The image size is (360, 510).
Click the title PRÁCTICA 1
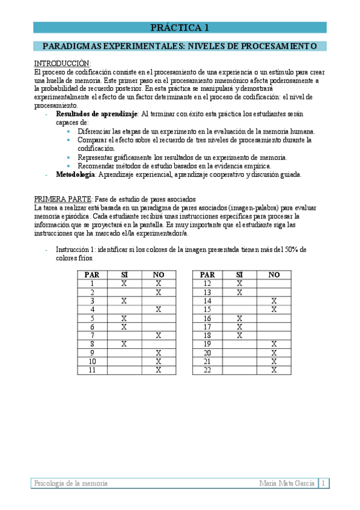pyautogui.click(x=180, y=27)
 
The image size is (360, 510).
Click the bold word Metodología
pyautogui.click(x=75, y=174)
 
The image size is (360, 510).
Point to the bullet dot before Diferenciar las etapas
pyautogui.click(x=69, y=131)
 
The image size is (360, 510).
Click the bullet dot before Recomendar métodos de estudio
pyautogui.click(x=69, y=165)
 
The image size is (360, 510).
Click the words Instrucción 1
pyautogui.click(x=76, y=249)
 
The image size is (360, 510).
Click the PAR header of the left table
pyautogui.click(x=92, y=275)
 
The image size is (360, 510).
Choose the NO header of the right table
pyautogui.click(x=274, y=275)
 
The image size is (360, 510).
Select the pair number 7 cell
pyautogui.click(x=92, y=334)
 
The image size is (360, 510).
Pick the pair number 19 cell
pyautogui.click(x=207, y=344)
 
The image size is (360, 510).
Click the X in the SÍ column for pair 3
pyautogui.click(x=124, y=300)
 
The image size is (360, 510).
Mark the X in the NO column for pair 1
pyautogui.click(x=158, y=283)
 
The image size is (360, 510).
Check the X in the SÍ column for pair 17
pyautogui.click(x=239, y=327)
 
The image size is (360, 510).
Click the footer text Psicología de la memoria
pyautogui.click(x=71, y=483)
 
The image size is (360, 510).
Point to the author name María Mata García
pyautogui.click(x=287, y=483)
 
